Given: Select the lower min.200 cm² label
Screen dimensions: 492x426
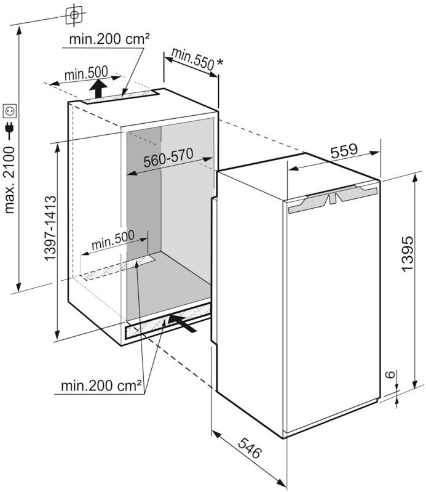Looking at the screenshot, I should tap(101, 387).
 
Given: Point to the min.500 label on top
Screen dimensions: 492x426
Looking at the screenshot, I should tap(86, 75).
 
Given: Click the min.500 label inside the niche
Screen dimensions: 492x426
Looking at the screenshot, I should tap(112, 242).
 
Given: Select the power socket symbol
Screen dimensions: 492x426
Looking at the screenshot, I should tap(11, 111).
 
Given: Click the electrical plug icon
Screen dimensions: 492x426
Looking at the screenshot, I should tap(10, 129).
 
